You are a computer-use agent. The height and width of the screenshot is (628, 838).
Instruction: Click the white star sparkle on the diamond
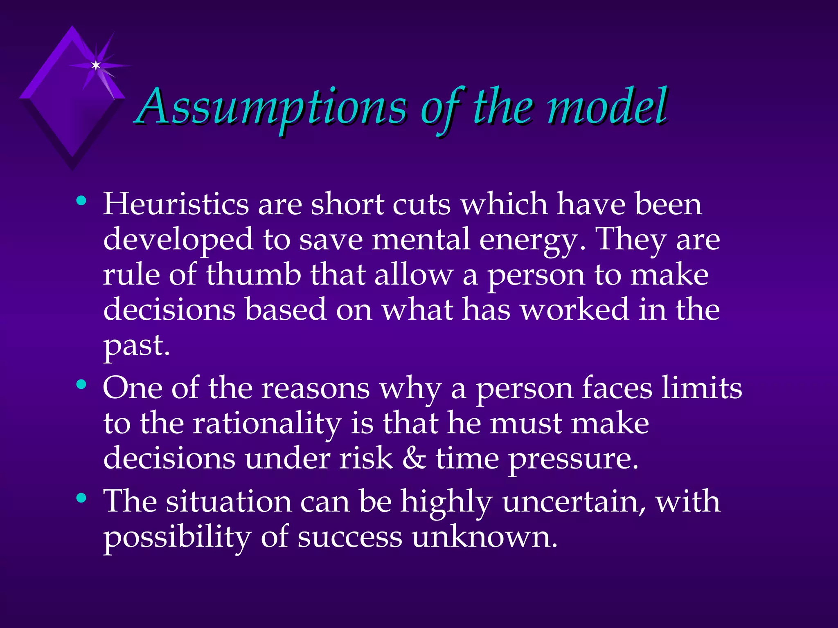(96, 65)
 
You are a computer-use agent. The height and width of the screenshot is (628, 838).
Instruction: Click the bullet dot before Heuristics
(81, 201)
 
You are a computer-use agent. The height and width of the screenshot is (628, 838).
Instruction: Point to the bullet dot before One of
(81, 385)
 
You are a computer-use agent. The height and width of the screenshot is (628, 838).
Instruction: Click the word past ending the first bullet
(136, 345)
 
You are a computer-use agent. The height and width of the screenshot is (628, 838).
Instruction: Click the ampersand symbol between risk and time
(414, 458)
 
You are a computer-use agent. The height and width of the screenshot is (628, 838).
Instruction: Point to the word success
(350, 537)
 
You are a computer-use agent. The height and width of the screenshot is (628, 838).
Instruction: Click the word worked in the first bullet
(574, 310)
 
